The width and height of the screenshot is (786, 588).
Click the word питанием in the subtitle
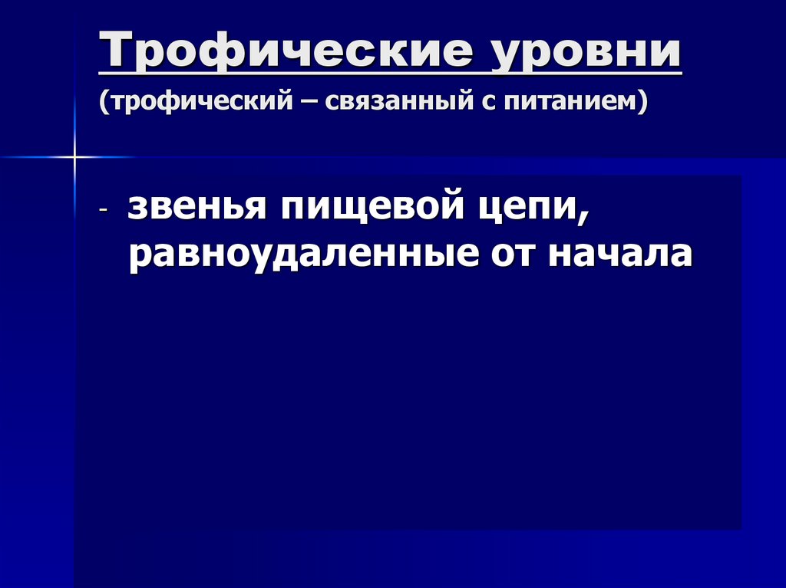coord(570,101)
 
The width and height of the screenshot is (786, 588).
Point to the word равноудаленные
coord(302,255)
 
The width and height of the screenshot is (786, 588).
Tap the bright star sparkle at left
coord(74,157)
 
